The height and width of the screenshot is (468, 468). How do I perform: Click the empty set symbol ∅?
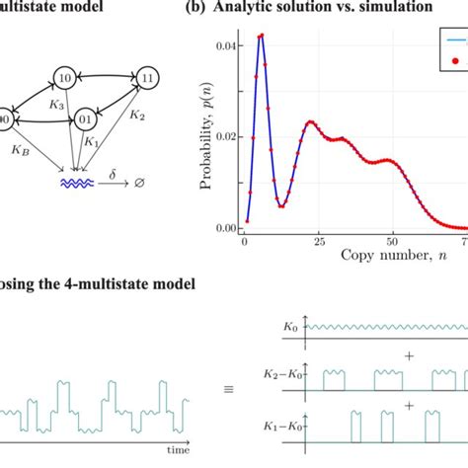coord(145,184)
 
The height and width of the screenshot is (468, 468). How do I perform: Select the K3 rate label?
coord(57,105)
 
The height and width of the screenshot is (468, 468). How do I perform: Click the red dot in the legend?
coord(454,62)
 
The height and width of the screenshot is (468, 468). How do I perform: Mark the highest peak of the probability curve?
coord(261,36)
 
